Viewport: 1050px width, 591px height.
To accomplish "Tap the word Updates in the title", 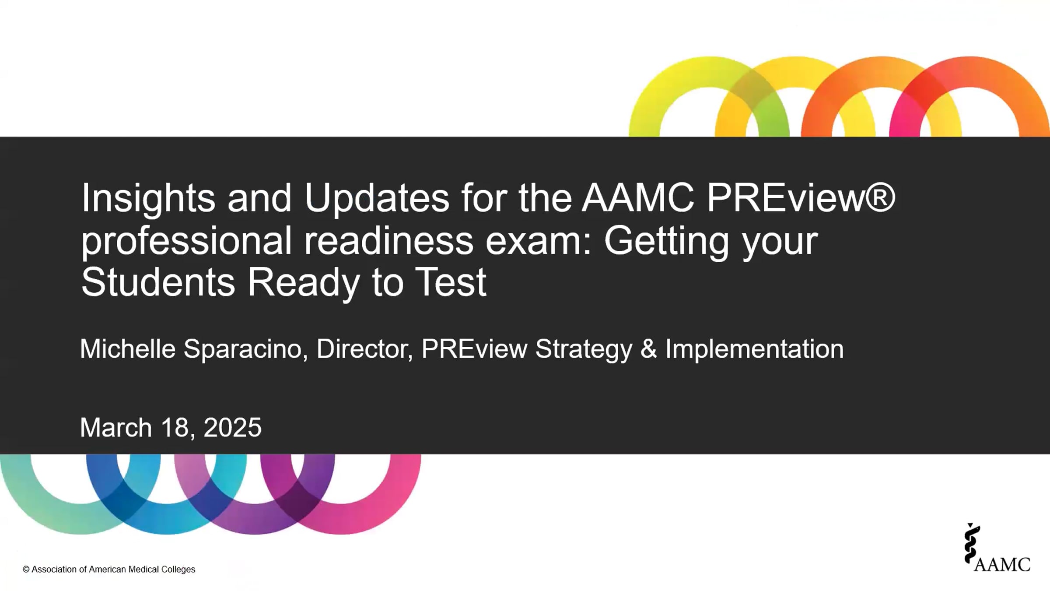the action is [377, 198].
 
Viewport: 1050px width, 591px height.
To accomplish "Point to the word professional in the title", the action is [186, 241].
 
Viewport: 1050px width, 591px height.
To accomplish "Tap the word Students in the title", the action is [158, 282].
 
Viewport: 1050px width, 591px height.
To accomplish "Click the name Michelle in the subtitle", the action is [128, 349].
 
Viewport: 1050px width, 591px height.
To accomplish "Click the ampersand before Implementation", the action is [649, 349].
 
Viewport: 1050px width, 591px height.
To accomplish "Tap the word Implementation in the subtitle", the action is [755, 350].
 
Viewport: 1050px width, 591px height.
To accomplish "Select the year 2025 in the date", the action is [232, 427].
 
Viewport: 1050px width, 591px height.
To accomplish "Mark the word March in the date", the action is [116, 427].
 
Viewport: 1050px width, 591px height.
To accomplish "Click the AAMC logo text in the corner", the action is [1002, 564].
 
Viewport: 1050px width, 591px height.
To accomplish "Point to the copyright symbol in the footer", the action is [26, 570].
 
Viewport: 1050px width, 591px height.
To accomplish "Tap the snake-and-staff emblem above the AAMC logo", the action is [972, 543].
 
